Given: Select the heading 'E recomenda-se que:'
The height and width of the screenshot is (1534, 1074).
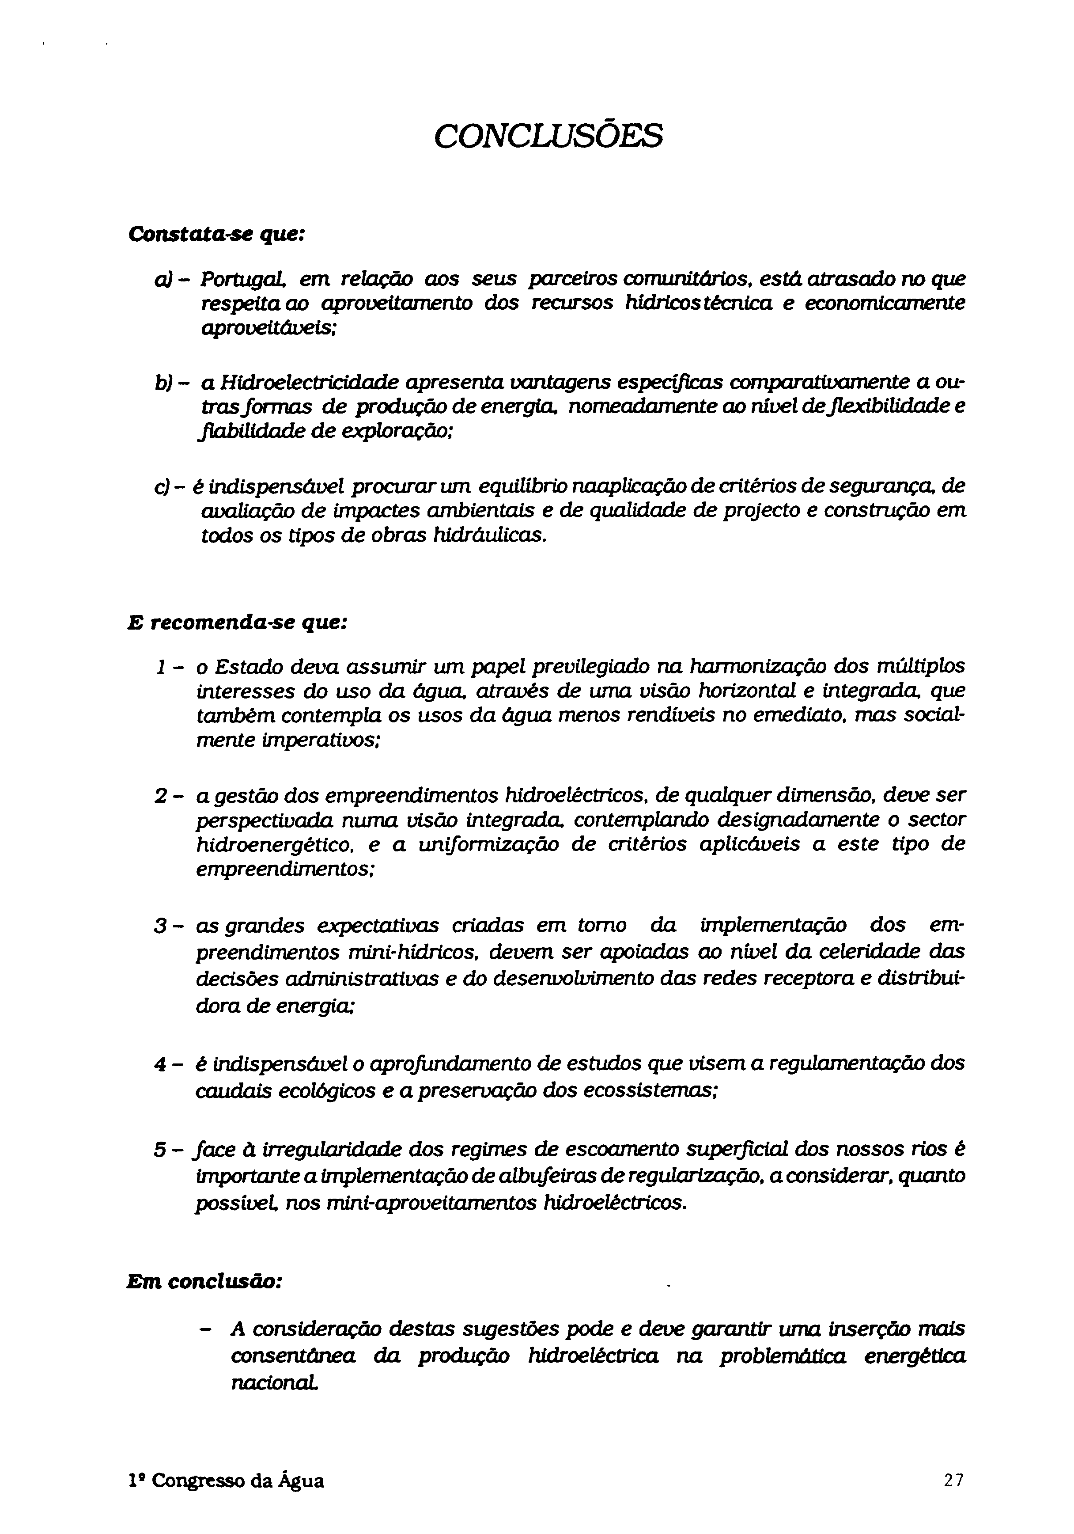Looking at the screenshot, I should [x=237, y=622].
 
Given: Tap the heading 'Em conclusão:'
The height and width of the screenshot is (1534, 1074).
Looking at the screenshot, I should [x=204, y=1282].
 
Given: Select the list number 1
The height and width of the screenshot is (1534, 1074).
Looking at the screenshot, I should [x=159, y=666].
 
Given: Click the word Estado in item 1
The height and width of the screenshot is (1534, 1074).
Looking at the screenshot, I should [x=250, y=666].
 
